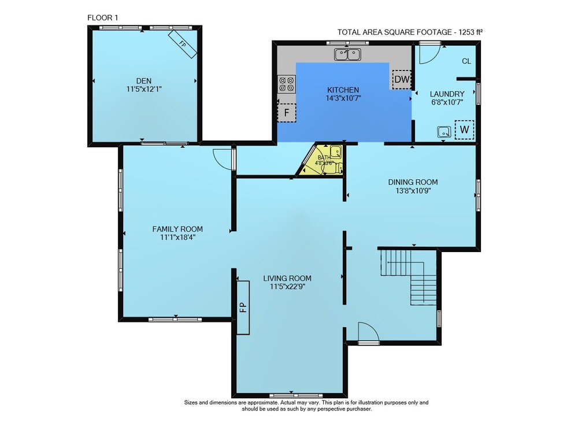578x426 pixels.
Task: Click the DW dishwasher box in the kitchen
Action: [402, 79]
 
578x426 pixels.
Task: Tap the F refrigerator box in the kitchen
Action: [287, 112]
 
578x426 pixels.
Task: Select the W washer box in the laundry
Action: [464, 129]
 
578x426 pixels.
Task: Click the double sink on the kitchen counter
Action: [347, 54]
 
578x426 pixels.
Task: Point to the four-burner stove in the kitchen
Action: [287, 84]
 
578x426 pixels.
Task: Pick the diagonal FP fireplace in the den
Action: [183, 44]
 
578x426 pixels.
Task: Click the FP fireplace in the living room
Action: [243, 308]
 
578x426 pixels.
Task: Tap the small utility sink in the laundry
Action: [444, 132]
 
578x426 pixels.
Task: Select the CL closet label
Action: [466, 61]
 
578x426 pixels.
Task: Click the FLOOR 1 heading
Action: [102, 18]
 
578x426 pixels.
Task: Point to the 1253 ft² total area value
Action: [470, 32]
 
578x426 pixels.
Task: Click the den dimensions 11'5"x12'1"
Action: [144, 89]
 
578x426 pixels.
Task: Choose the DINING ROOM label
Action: [413, 182]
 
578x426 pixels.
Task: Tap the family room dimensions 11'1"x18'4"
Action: [177, 238]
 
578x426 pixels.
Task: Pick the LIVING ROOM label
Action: [287, 278]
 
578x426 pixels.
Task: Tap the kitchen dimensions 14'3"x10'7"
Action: [343, 98]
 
